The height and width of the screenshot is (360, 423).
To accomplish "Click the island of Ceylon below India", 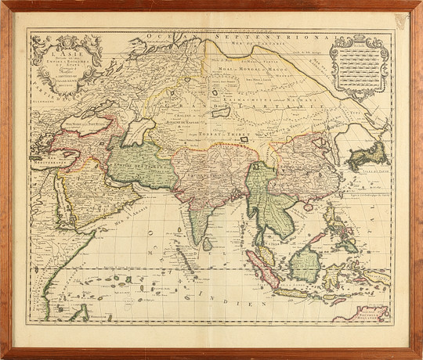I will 207,243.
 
